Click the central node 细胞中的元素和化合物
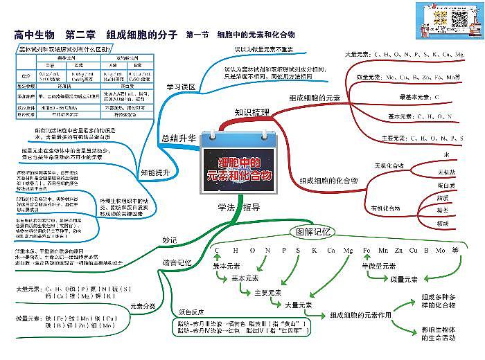(x=240, y=168)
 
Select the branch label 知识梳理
(x=252, y=112)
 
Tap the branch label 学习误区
(x=182, y=87)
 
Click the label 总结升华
(x=177, y=137)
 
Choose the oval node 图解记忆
(x=314, y=232)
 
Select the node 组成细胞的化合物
(x=328, y=180)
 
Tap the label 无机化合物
(x=389, y=166)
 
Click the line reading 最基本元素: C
(x=419, y=96)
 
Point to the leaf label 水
(x=446, y=155)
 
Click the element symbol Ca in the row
(x=330, y=249)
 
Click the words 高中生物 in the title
(x=35, y=34)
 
